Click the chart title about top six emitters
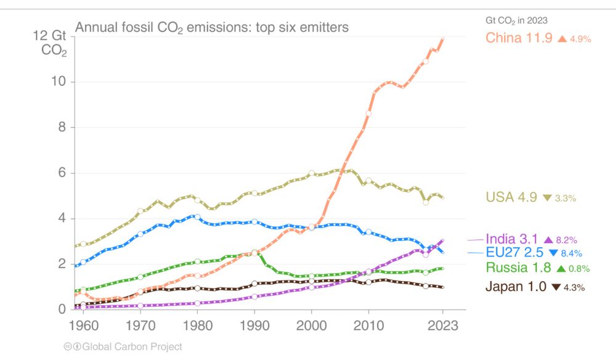(212, 28)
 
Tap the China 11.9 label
(519, 38)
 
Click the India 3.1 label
(512, 239)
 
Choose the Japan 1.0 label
(516, 286)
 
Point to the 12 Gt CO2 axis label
(51, 43)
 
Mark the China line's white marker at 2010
(368, 113)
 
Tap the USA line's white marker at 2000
(312, 173)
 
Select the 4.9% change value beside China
(580, 39)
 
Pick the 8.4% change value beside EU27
(570, 253)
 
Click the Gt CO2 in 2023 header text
(516, 20)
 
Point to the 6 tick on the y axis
(62, 173)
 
